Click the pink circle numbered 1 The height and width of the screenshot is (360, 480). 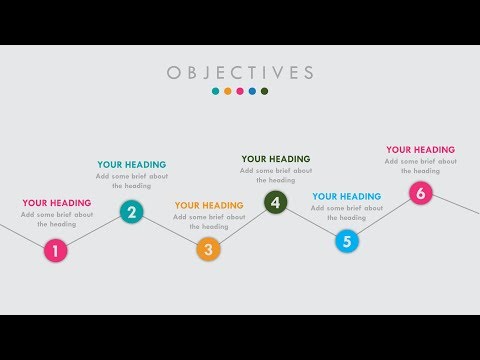[x=56, y=251]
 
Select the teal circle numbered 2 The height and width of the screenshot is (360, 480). [x=131, y=212]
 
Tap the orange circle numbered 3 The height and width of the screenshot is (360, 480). [x=208, y=250]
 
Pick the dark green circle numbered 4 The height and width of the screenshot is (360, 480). [x=276, y=203]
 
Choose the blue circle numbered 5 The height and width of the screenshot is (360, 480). [x=346, y=241]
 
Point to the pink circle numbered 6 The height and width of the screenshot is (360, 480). [x=420, y=193]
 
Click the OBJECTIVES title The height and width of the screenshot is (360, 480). [x=240, y=73]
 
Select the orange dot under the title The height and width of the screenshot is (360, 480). [x=228, y=91]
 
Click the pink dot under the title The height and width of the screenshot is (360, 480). [x=240, y=91]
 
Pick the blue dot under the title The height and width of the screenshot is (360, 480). [x=252, y=91]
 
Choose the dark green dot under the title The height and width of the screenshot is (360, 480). [x=264, y=91]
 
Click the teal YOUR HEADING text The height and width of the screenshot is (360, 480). [x=131, y=165]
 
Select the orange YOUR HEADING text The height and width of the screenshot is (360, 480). [x=208, y=206]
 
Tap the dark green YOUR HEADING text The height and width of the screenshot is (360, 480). [x=276, y=159]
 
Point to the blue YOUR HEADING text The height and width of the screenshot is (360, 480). [x=346, y=197]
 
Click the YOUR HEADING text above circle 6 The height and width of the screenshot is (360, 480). [x=420, y=150]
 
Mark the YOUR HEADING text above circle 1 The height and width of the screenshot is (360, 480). [x=56, y=203]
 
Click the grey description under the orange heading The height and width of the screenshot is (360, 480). [x=208, y=222]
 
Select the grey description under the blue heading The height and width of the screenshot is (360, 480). [x=346, y=213]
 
